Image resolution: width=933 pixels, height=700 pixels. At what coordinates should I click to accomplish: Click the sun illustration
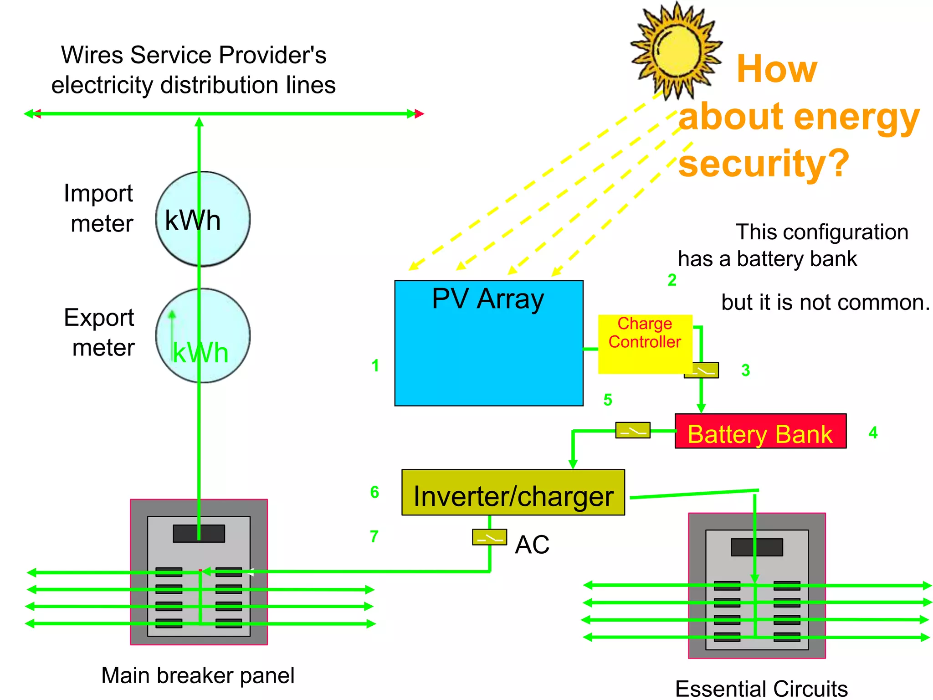[x=676, y=50]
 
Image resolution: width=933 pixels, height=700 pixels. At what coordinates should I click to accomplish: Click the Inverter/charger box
[x=513, y=493]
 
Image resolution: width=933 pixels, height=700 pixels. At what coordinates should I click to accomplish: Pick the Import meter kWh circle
[x=203, y=219]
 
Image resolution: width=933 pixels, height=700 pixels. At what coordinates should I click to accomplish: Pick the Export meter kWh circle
[x=203, y=336]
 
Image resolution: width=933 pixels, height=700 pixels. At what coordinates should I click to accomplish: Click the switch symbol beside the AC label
[x=489, y=537]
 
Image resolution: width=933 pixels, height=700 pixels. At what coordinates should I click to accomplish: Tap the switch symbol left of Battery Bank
[x=632, y=430]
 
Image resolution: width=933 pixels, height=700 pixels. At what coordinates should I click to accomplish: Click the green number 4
[x=873, y=432]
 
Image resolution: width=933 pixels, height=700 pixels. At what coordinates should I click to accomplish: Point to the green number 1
[x=375, y=365]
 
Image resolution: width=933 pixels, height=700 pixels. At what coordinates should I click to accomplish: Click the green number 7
[x=374, y=536]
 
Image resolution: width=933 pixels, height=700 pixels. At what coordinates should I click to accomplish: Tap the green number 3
[x=745, y=371]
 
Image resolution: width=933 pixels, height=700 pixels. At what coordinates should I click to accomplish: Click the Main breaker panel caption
[x=198, y=675]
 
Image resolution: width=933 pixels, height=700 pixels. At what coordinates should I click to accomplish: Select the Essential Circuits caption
[x=761, y=688]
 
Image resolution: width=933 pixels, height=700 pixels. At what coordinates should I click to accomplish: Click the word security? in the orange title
[x=764, y=163]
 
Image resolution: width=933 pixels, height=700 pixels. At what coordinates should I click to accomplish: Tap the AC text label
[x=532, y=545]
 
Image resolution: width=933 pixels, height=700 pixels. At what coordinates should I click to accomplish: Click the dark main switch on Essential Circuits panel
[x=756, y=547]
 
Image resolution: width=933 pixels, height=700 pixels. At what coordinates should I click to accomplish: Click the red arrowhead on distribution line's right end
[x=420, y=114]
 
